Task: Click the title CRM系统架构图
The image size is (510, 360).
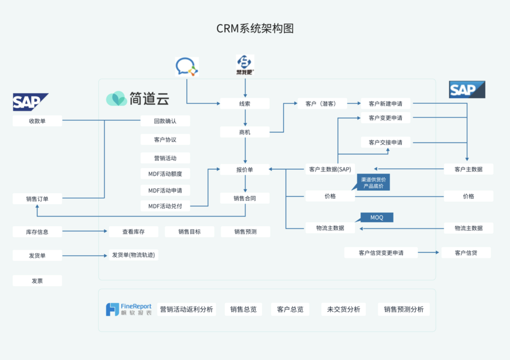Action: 255,29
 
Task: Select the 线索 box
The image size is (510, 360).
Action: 245,104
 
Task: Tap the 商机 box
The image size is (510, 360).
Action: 245,132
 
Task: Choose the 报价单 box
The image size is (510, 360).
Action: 245,170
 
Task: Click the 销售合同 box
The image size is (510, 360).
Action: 245,199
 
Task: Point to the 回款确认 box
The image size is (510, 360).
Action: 165,121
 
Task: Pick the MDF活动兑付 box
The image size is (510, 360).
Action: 165,206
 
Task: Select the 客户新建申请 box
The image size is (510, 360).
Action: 385,104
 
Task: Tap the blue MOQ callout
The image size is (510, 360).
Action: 377,217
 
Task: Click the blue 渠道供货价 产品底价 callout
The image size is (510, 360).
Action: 374,183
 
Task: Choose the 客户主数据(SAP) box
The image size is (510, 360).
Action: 330,169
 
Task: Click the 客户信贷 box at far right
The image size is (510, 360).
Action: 466,253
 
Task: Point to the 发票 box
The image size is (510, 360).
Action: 37,281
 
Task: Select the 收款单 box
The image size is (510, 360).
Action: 37,121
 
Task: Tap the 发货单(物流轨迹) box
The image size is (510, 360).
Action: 133,255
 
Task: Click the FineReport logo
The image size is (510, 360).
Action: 128,309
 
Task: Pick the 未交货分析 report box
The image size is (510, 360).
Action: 343,309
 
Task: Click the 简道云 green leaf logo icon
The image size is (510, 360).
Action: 116,98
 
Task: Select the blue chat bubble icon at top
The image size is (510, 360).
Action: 186,67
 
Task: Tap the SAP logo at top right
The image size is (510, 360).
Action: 467,90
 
